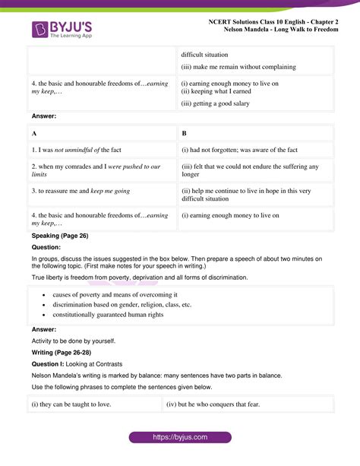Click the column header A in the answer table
(x=35, y=133)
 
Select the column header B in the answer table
(x=185, y=133)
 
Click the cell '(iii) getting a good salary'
(x=219, y=103)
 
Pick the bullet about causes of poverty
(x=115, y=294)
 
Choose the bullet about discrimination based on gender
(x=122, y=304)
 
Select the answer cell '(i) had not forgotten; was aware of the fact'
(x=239, y=150)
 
